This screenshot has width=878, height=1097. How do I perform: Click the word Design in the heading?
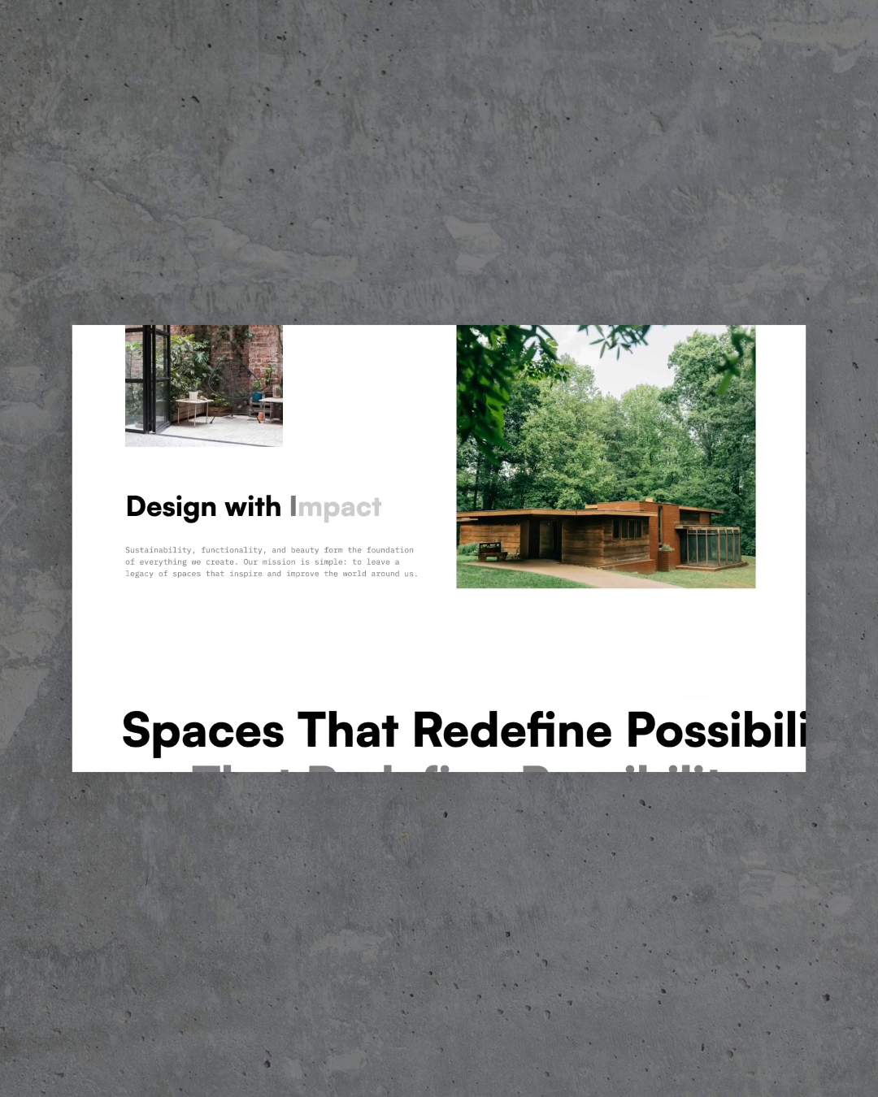171,508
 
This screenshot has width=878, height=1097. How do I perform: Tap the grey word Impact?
335,508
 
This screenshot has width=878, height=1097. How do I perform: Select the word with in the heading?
252,507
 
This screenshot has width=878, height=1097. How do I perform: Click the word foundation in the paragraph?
390,550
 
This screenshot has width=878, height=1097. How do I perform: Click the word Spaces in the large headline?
203,731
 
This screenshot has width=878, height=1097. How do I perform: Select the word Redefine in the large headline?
512,731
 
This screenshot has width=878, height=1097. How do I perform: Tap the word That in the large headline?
347,731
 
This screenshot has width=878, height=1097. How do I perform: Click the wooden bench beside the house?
493,553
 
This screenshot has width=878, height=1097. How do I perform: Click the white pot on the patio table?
193,396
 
